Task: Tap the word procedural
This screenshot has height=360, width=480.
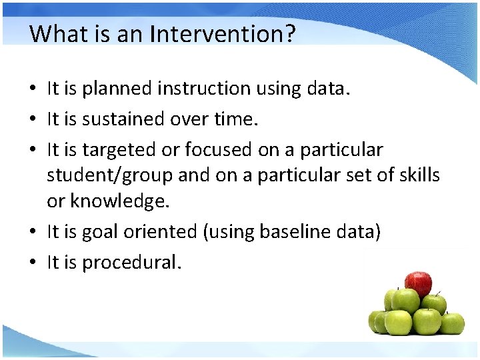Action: click(x=131, y=263)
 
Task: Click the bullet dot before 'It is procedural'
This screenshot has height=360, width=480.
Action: click(x=33, y=263)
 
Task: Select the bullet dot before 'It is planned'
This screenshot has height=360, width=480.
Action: click(x=33, y=88)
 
